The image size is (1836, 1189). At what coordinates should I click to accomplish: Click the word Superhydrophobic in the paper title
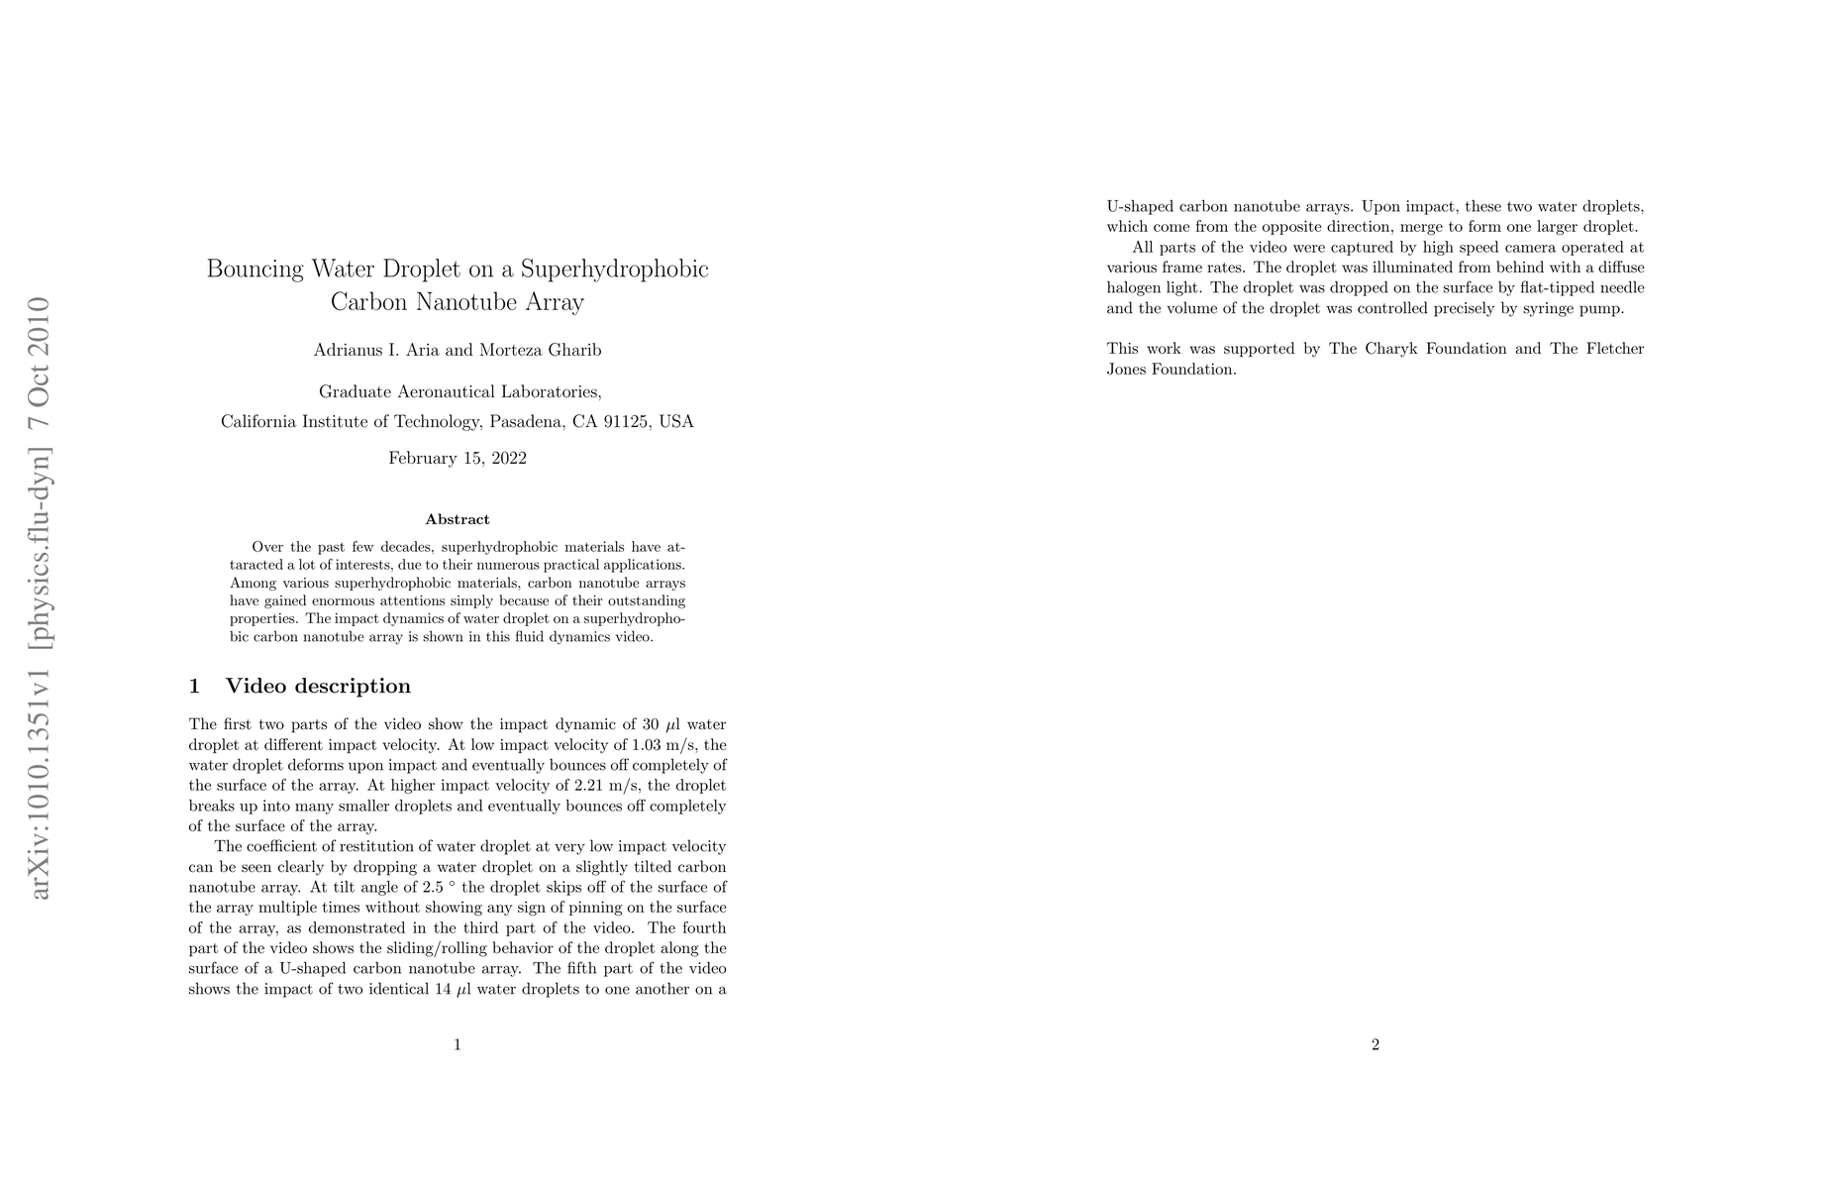[615, 270]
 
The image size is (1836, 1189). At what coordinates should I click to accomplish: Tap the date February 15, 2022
[458, 459]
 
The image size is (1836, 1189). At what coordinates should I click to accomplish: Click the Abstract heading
[458, 519]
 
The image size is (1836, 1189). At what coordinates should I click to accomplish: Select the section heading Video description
[318, 687]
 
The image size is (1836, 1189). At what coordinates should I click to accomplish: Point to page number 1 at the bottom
[458, 1044]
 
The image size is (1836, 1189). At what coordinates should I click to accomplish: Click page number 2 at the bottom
[1376, 1044]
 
